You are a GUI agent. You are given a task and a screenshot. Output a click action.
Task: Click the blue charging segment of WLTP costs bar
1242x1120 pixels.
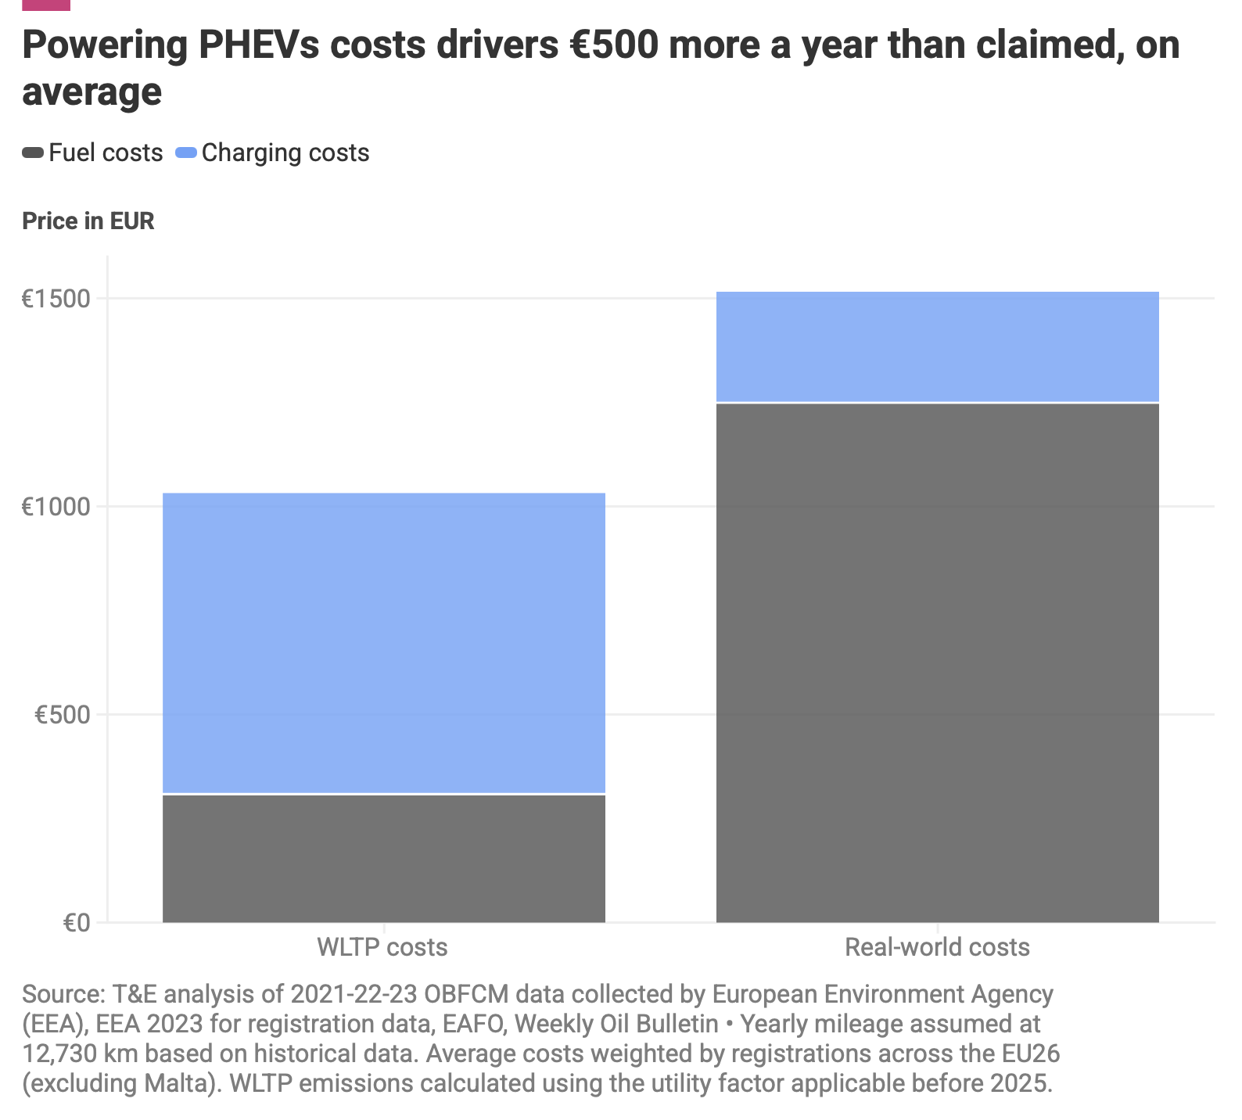[x=383, y=642]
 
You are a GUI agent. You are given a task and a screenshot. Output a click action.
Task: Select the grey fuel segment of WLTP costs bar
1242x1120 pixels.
[x=383, y=858]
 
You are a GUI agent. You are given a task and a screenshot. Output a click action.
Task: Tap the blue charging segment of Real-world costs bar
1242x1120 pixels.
[x=937, y=346]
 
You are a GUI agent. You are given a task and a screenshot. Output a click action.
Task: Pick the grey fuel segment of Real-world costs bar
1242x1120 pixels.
[x=937, y=662]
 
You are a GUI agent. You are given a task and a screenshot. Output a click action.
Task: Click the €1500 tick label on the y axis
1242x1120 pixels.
[x=56, y=299]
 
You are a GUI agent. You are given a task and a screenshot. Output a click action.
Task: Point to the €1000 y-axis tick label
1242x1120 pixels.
[x=56, y=507]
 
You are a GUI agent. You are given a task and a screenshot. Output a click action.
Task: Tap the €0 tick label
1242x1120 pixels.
[x=76, y=923]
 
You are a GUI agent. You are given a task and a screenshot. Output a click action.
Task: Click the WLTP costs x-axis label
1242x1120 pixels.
[x=382, y=947]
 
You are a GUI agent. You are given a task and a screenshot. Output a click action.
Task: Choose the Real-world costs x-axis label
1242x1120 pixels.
[x=937, y=947]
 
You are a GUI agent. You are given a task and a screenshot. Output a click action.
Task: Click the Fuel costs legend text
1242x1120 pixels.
[x=106, y=153]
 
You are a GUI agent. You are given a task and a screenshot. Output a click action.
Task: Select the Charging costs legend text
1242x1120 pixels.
[x=285, y=153]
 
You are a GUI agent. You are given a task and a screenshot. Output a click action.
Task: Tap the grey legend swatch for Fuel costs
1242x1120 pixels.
[x=33, y=153]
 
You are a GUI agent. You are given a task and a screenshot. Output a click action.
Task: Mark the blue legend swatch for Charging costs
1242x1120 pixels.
[x=186, y=153]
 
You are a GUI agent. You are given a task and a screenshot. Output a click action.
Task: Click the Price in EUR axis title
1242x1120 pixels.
[x=88, y=221]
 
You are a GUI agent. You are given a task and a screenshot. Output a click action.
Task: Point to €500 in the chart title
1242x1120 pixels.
[x=612, y=45]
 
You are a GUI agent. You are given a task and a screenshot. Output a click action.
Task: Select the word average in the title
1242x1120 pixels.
[x=92, y=92]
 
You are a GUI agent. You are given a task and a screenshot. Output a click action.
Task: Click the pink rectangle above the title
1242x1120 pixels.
[x=46, y=5]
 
